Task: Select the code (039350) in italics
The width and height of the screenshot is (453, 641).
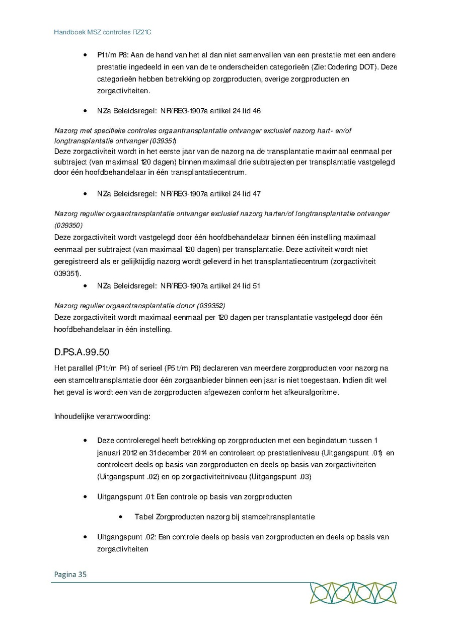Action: (68, 225)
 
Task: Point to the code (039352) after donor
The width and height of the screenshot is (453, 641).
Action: (210, 306)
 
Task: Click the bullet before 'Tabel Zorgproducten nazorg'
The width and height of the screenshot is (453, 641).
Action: (122, 517)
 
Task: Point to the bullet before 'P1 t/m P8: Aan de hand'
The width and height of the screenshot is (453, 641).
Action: (86, 55)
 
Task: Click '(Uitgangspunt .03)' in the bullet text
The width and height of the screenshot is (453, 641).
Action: (280, 476)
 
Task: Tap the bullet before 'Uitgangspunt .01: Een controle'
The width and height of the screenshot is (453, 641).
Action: (86, 497)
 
